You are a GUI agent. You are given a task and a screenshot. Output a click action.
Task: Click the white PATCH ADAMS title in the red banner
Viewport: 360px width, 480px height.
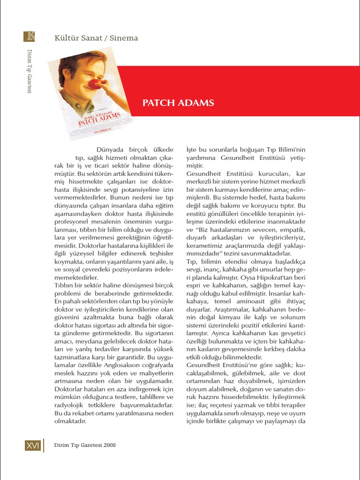point(178,103)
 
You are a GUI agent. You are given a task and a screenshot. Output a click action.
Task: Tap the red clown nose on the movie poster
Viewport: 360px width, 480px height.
point(95,84)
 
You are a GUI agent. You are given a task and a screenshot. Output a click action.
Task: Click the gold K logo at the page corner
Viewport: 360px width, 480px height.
point(29,37)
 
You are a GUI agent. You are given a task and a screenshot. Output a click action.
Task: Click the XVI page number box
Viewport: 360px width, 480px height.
point(33,445)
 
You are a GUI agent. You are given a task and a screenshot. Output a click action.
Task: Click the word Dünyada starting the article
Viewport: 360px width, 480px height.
point(112,150)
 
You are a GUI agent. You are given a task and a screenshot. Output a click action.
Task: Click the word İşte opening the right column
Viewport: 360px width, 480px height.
point(193,150)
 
